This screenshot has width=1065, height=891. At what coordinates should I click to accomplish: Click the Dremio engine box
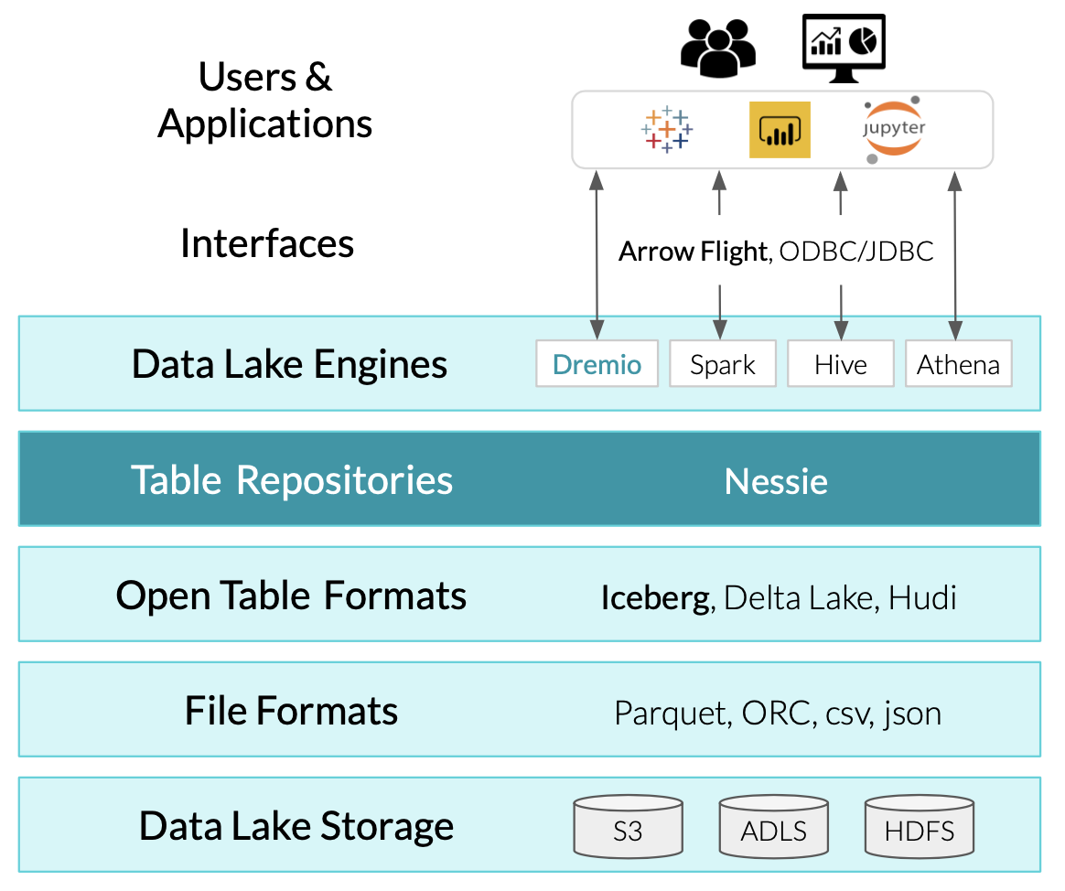click(597, 364)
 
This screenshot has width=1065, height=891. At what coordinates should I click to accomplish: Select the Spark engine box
click(723, 364)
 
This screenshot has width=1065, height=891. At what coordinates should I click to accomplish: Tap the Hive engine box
click(840, 364)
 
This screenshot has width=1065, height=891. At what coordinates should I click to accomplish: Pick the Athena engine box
click(958, 364)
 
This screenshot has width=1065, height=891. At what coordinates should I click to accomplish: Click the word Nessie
click(776, 481)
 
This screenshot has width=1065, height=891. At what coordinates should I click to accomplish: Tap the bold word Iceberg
click(654, 597)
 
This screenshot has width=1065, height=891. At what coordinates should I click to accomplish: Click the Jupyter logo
click(893, 129)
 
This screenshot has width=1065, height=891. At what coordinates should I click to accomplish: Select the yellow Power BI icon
click(780, 130)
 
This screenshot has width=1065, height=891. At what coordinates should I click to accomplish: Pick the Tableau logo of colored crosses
click(667, 130)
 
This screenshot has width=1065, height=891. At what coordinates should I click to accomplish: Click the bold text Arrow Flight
click(692, 252)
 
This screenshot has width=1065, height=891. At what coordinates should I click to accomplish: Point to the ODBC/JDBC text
click(855, 252)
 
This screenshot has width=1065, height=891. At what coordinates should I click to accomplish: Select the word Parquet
click(669, 713)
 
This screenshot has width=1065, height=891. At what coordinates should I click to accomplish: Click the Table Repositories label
click(292, 480)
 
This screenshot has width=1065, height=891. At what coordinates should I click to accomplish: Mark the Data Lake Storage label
click(296, 825)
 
